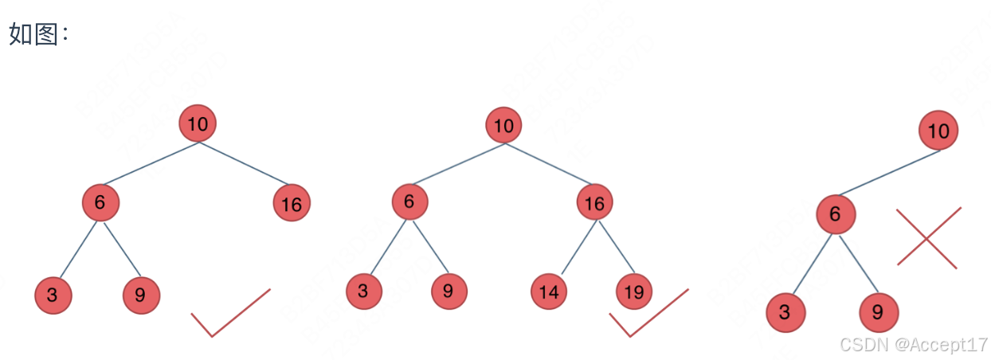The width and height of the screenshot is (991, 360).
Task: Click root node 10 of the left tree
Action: (x=198, y=123)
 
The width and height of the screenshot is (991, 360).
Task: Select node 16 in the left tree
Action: (x=292, y=204)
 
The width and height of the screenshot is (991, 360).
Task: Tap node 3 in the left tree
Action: (x=53, y=295)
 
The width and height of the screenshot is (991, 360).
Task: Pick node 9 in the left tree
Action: (x=141, y=295)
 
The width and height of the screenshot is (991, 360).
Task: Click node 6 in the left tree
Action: (x=100, y=202)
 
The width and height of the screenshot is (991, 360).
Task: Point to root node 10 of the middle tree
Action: (x=503, y=125)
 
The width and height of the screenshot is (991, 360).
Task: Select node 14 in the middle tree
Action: (x=549, y=292)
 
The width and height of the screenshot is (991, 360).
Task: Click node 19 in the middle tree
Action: (x=634, y=292)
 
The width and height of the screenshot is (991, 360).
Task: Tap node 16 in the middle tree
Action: (x=595, y=204)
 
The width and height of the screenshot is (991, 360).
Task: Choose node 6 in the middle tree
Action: (x=409, y=202)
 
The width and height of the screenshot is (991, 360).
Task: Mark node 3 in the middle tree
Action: (x=364, y=292)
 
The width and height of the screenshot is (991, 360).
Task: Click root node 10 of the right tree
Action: (x=938, y=131)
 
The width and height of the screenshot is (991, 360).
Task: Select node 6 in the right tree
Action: (x=835, y=214)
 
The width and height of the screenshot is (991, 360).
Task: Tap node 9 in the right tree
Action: (x=878, y=312)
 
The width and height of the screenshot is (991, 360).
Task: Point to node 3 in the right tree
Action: (x=785, y=312)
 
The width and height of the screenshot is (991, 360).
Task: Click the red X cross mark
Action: (x=928, y=237)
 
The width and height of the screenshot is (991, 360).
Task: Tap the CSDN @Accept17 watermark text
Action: (x=914, y=344)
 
